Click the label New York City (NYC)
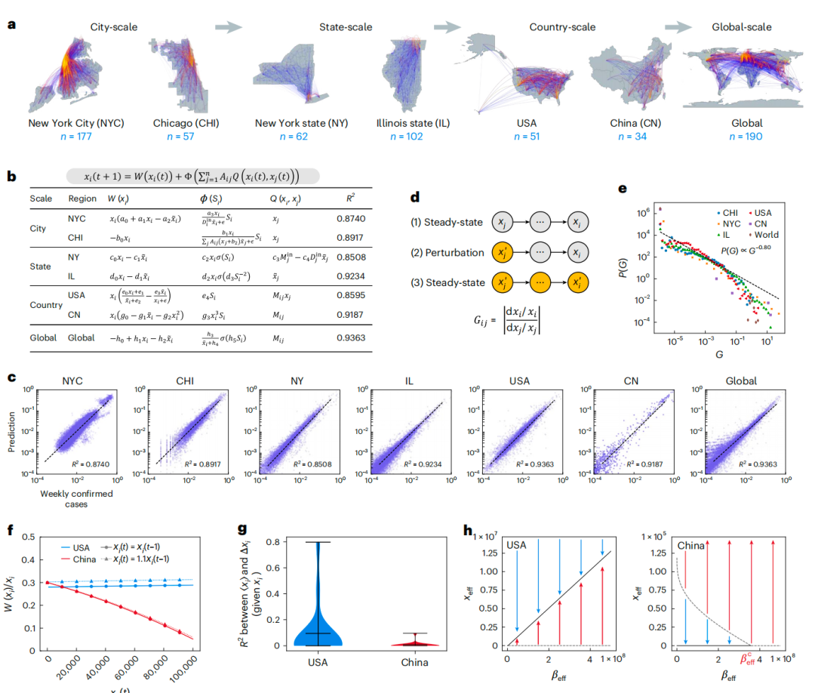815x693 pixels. [x=76, y=123]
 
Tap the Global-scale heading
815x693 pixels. [x=742, y=27]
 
